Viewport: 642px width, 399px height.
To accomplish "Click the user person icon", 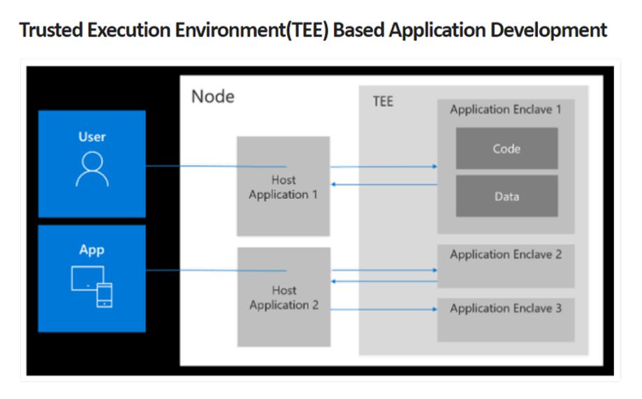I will [x=92, y=169].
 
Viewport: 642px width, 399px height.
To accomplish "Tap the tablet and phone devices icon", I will [x=92, y=286].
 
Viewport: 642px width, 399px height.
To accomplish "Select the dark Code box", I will [x=506, y=148].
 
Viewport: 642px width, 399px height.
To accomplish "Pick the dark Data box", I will [x=506, y=196].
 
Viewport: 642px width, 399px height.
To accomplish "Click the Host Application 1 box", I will [x=284, y=186].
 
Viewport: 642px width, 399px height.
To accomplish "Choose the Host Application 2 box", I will [x=284, y=297].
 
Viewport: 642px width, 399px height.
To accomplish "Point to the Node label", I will [x=213, y=97].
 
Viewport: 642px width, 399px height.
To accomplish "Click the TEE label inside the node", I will [x=383, y=102].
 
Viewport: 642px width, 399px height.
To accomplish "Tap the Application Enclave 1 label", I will [x=506, y=110].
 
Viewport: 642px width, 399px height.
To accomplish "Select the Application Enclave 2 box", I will [x=506, y=266].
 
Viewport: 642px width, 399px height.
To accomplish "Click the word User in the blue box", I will [x=92, y=136].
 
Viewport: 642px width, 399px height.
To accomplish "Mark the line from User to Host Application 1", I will [x=210, y=166].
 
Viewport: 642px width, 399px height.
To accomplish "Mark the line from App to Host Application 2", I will [x=210, y=270].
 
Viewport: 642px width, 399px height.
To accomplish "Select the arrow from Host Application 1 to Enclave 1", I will [x=384, y=167].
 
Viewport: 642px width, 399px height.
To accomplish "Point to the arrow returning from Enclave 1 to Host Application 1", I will [x=384, y=184].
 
